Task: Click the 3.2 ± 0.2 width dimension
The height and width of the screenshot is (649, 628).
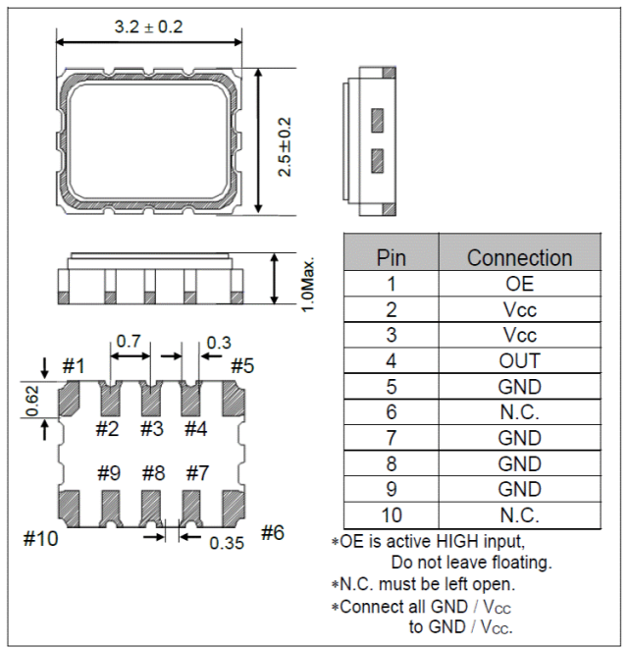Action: (149, 27)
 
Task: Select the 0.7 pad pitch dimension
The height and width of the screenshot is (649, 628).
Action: (129, 342)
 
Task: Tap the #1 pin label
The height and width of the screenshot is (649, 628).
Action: (74, 366)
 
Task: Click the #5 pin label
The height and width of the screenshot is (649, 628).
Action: (242, 366)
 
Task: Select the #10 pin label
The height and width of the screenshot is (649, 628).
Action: (39, 538)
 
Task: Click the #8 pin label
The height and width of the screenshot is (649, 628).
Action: (152, 473)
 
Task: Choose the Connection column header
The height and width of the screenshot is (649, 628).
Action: (519, 257)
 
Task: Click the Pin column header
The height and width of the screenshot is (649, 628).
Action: (391, 257)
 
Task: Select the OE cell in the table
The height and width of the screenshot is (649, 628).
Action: (519, 284)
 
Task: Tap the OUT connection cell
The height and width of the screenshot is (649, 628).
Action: (519, 360)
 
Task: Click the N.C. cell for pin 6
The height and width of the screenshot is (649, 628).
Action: (519, 411)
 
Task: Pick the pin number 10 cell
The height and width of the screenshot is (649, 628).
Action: (391, 514)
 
